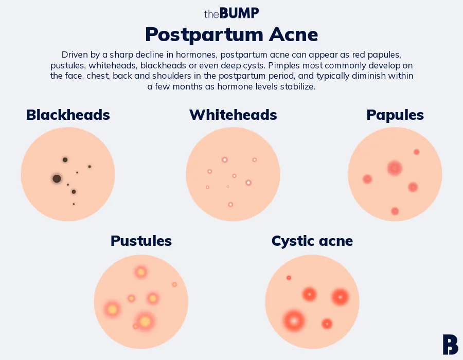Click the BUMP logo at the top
pos(232,13)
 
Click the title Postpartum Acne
pos(232,34)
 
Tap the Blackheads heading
pos(68,115)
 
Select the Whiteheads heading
pos(233,115)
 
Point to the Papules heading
pos(395,115)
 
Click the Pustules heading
pos(141,241)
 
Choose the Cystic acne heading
pos(312,241)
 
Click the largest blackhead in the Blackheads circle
pos(57,178)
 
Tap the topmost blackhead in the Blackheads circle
pos(65,160)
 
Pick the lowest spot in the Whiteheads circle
pos(230,205)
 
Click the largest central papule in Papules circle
pos(395,168)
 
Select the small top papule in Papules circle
pos(416,152)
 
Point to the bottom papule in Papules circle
pos(395,211)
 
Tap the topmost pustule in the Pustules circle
pos(140,272)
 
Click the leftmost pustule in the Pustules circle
pos(112,309)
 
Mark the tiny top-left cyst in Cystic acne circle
pos(289,278)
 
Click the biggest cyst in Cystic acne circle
pos(294,321)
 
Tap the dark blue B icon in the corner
pos(450,344)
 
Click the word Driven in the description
pos(74,55)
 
